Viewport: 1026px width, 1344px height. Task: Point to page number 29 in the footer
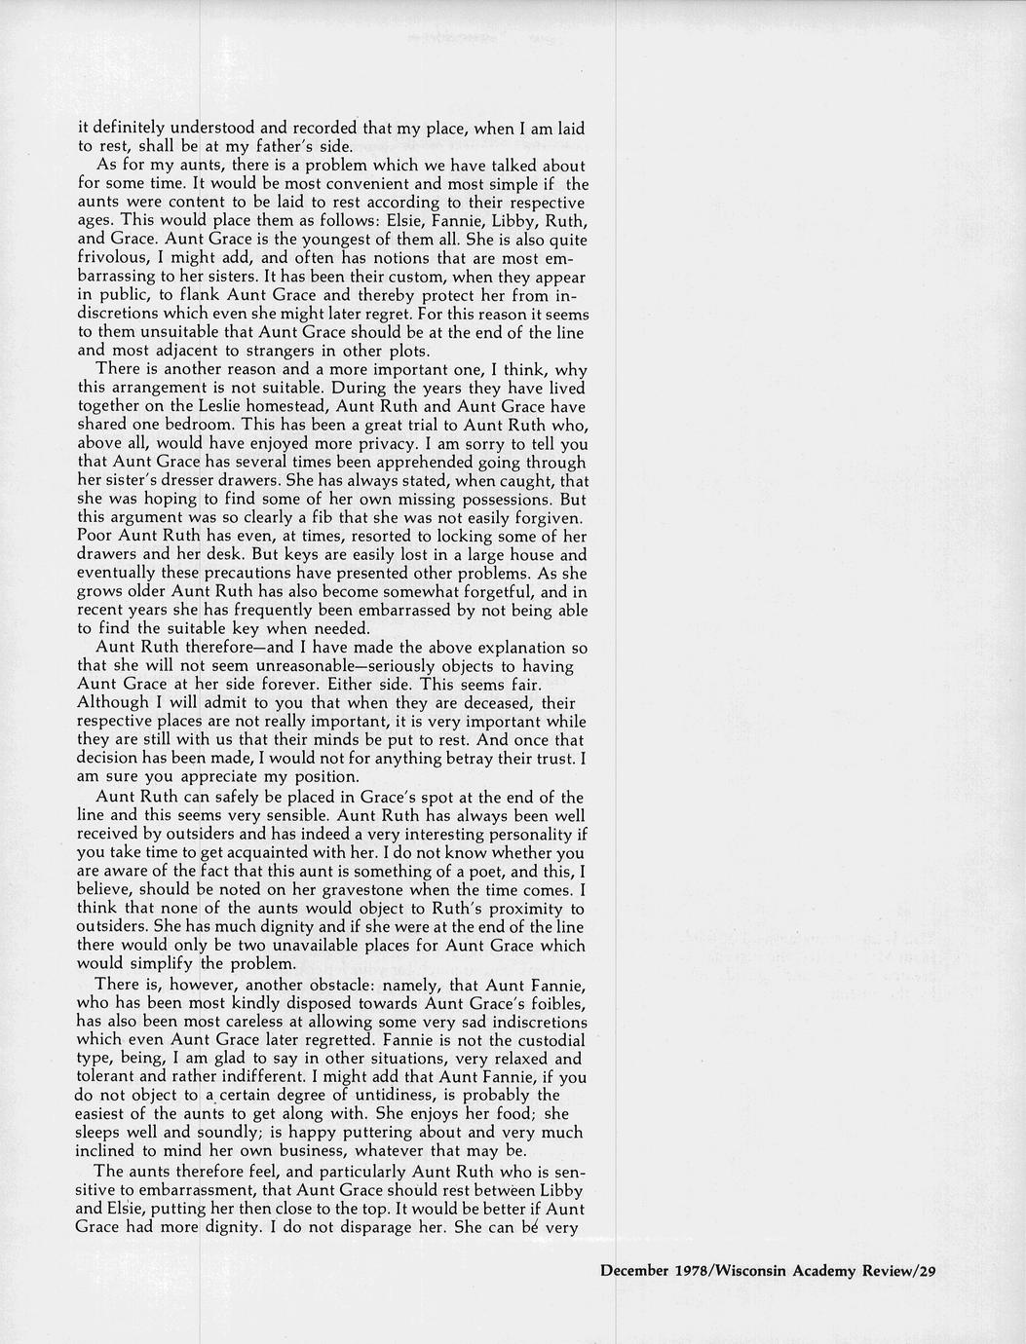pos(926,1270)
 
